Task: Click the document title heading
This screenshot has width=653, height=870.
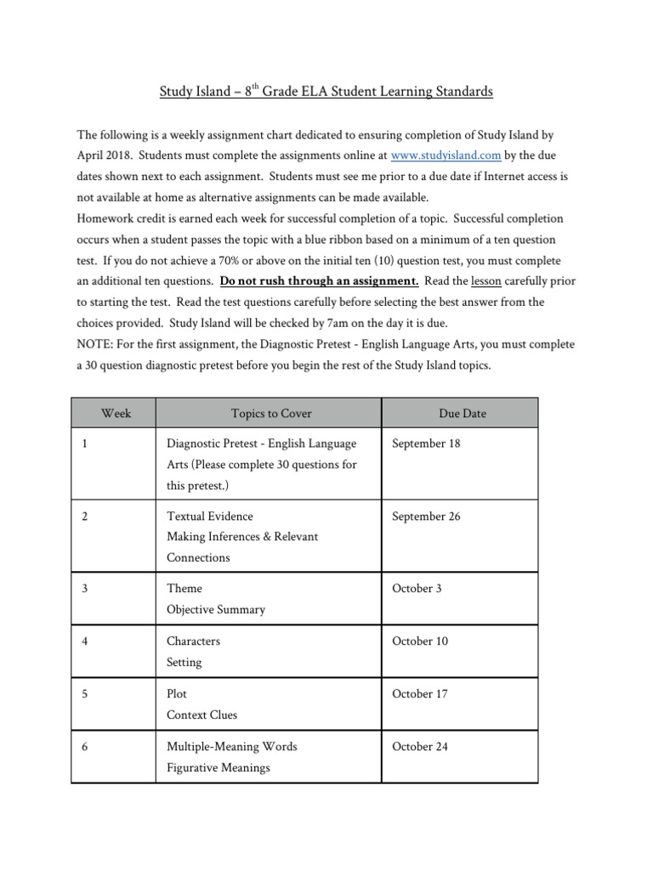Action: click(x=326, y=92)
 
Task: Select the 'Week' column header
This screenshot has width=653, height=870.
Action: click(x=116, y=414)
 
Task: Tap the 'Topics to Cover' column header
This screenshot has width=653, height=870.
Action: click(x=271, y=414)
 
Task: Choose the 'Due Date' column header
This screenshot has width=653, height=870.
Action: click(x=463, y=414)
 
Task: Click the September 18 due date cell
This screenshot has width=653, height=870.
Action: click(x=426, y=443)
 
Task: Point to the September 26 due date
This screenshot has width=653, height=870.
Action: click(x=426, y=517)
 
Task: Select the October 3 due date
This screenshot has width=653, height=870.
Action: click(x=417, y=589)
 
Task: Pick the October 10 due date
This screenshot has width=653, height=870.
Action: click(x=420, y=641)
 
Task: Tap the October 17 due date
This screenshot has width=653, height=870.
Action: click(x=420, y=694)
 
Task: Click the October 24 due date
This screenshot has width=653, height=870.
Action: click(x=420, y=747)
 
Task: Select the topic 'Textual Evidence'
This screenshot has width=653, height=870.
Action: click(x=210, y=517)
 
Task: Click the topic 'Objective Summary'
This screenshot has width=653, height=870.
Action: click(x=216, y=610)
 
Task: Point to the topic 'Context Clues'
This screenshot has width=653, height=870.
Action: click(x=202, y=715)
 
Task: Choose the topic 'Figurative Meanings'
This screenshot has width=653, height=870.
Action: click(x=219, y=768)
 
